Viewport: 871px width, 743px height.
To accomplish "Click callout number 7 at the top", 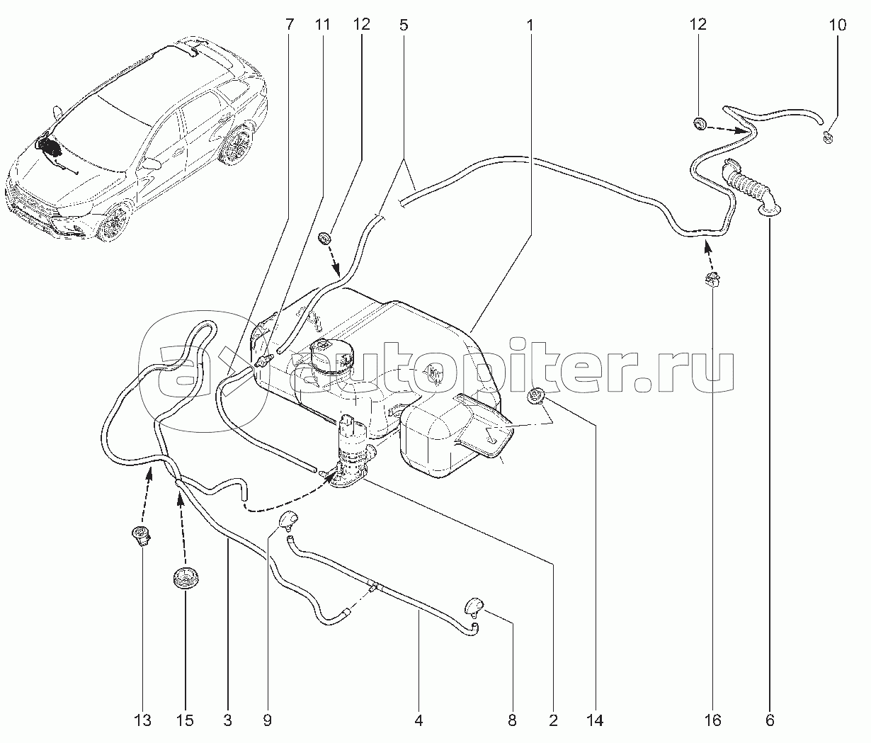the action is pyautogui.click(x=289, y=25).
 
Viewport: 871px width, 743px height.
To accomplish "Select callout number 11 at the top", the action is pyautogui.click(x=322, y=25).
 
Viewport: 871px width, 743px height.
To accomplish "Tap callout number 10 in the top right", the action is pyautogui.click(x=838, y=25).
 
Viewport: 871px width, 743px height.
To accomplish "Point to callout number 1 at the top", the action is pyautogui.click(x=530, y=25).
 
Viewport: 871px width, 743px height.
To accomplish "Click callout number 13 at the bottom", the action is pyautogui.click(x=142, y=720).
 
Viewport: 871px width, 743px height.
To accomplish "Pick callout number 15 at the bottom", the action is pyautogui.click(x=185, y=720).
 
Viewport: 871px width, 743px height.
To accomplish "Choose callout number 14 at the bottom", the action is pyautogui.click(x=595, y=720).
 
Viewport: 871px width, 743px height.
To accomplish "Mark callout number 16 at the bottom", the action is pyautogui.click(x=712, y=720).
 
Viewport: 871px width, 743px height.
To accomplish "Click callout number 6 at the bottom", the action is pyautogui.click(x=770, y=720).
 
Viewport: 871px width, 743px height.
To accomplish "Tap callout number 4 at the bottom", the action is pyautogui.click(x=419, y=720).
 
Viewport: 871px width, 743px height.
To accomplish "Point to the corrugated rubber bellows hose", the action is pyautogui.click(x=749, y=188).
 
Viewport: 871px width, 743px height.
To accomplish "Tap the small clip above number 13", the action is pyautogui.click(x=142, y=537).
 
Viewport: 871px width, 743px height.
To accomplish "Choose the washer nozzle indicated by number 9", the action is pyautogui.click(x=288, y=518).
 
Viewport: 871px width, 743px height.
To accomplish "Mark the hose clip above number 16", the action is pyautogui.click(x=712, y=279).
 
